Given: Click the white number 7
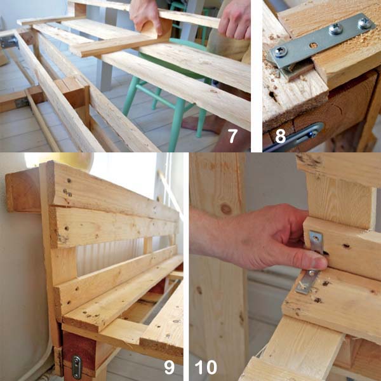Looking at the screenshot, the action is pyautogui.click(x=232, y=136).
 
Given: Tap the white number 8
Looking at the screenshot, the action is pyautogui.click(x=281, y=136).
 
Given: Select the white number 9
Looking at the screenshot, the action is pyautogui.click(x=169, y=367).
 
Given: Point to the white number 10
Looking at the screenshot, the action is pyautogui.click(x=206, y=367).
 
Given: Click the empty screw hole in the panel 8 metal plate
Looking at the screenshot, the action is pyautogui.click(x=314, y=45).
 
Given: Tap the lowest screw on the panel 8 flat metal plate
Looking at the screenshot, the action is pyautogui.click(x=281, y=51).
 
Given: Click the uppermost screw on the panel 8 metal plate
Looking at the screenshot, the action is pyautogui.click(x=364, y=23).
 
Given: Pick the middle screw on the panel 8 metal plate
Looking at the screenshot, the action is pyautogui.click(x=336, y=29).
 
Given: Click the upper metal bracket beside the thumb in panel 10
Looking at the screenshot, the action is pyautogui.click(x=316, y=241).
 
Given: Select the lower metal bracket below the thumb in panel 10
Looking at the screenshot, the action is pyautogui.click(x=307, y=282).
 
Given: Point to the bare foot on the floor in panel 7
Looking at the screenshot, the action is pyautogui.click(x=202, y=124).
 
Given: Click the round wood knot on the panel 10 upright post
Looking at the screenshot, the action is pyautogui.click(x=226, y=208).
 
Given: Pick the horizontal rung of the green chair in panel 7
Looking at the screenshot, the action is pyautogui.click(x=156, y=96).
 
